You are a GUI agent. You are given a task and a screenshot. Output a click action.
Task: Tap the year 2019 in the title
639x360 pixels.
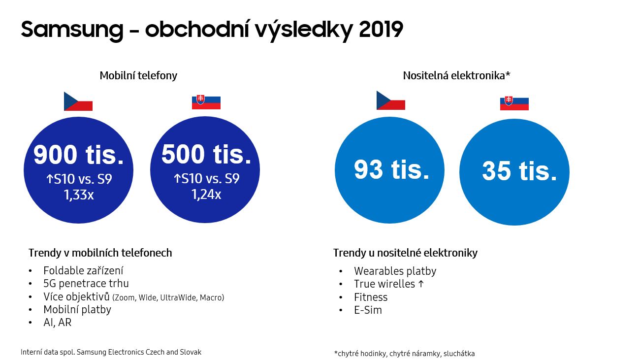tap(381, 29)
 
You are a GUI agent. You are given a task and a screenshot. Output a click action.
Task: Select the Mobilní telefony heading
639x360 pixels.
tap(138, 75)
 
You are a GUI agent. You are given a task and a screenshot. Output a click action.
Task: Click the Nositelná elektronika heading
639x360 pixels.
tap(456, 75)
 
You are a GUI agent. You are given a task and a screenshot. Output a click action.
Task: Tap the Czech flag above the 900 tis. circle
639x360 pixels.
tap(78, 101)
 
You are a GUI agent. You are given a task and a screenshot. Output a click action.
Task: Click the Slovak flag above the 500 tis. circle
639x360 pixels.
tap(206, 103)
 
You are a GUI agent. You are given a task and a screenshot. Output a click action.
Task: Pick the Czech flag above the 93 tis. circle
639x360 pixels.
tap(391, 100)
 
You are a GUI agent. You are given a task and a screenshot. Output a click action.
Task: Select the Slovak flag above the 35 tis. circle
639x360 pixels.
tap(514, 103)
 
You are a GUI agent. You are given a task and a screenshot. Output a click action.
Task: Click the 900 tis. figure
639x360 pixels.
tap(79, 155)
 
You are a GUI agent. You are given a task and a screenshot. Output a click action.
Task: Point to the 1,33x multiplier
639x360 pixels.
tap(79, 195)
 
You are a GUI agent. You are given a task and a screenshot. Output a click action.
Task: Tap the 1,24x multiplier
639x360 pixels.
tap(206, 195)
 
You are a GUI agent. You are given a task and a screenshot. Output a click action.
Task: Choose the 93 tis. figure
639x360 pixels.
tap(391, 169)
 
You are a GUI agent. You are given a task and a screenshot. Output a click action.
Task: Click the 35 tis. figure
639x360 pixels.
tap(519, 171)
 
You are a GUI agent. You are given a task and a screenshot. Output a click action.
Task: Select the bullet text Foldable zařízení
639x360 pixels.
tap(83, 270)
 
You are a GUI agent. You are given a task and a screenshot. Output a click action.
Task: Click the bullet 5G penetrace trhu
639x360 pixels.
tap(86, 283)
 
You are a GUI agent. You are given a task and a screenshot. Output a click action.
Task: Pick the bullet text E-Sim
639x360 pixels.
tap(368, 310)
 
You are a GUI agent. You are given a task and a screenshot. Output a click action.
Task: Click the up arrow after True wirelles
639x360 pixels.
tap(421, 284)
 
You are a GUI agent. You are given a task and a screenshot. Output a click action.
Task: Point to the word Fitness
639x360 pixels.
tap(371, 297)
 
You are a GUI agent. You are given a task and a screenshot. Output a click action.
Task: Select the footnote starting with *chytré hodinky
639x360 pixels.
tap(405, 354)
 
